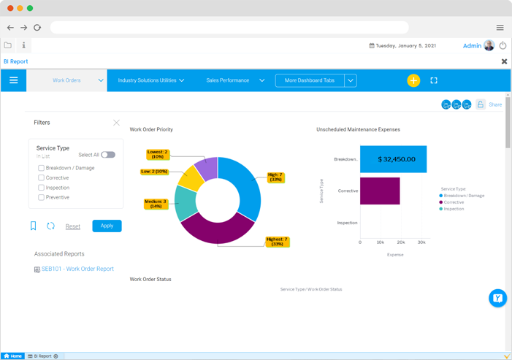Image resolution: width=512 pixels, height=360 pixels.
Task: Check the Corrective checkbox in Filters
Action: [42, 178]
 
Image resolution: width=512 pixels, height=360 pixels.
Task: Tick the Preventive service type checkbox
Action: [42, 198]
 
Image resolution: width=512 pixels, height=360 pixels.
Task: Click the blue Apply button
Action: [107, 226]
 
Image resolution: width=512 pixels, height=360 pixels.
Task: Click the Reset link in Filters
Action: [73, 226]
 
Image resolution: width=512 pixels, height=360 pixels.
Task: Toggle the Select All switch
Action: [108, 155]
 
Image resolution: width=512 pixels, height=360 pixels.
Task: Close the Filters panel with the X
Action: [116, 123]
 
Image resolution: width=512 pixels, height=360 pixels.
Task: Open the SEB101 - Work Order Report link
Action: [77, 269]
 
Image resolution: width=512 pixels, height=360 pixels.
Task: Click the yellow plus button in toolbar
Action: [413, 80]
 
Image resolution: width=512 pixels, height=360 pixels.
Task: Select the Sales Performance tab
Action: [228, 80]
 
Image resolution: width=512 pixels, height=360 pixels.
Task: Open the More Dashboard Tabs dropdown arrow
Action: [351, 80]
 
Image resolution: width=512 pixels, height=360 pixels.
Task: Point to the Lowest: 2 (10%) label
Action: [158, 154]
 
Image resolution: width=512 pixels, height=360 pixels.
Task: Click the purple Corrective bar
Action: [380, 191]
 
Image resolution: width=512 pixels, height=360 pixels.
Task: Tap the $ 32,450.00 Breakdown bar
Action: [393, 159]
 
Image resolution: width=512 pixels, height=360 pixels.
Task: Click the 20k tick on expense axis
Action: [401, 242]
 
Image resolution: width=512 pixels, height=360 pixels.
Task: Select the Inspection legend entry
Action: [454, 209]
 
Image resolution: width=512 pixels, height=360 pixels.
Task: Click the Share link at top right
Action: [495, 104]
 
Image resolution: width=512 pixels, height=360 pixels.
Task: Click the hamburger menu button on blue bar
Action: [13, 80]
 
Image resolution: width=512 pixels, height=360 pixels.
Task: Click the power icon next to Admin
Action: [503, 45]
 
